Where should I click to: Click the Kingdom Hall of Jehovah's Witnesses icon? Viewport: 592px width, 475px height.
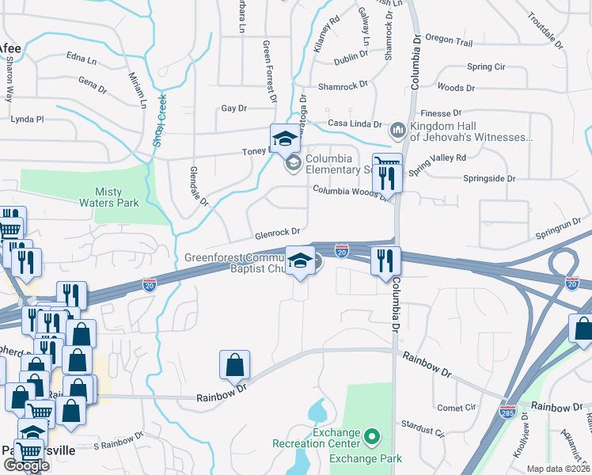click(398, 127)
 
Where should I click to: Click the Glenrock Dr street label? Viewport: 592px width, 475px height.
click(277, 233)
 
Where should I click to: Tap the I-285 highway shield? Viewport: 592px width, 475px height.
click(507, 412)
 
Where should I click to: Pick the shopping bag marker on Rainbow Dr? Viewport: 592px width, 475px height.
click(234, 365)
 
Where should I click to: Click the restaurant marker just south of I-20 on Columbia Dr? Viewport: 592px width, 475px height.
click(385, 261)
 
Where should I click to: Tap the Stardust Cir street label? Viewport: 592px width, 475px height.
click(423, 432)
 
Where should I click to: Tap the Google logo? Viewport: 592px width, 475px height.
click(26, 465)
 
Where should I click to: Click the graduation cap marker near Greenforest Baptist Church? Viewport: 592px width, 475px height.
click(300, 262)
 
